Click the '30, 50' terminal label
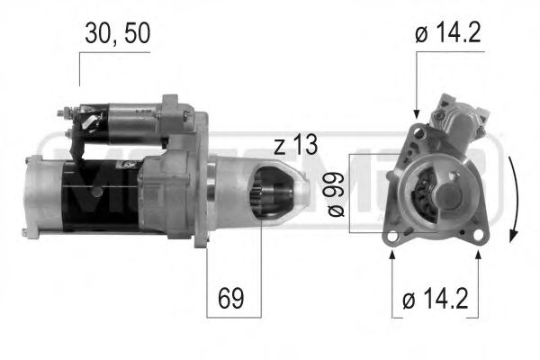(x=118, y=33)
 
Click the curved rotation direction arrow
(x=513, y=197)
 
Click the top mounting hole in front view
(x=417, y=133)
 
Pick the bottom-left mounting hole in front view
(x=392, y=236)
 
